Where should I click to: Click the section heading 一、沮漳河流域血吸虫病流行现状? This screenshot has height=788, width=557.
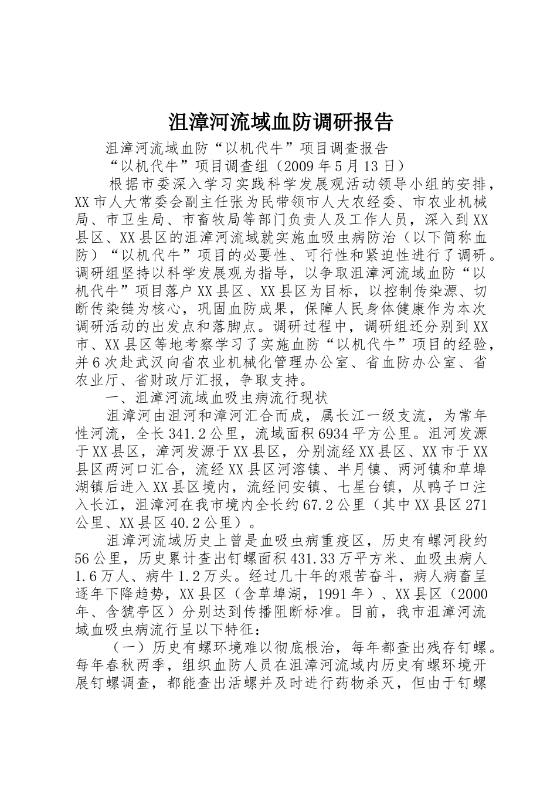pyautogui.click(x=217, y=398)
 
